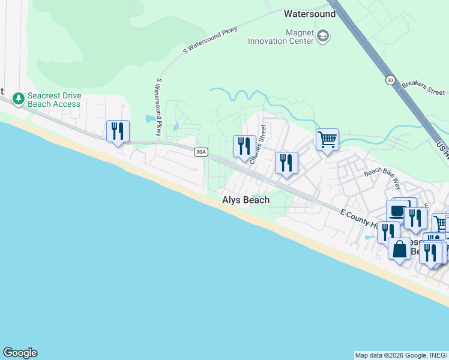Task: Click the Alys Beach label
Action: (x=246, y=200)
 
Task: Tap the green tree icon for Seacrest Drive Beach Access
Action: (x=19, y=97)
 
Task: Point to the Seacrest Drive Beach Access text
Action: (x=54, y=100)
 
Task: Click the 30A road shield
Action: (x=201, y=152)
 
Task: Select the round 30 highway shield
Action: (x=390, y=80)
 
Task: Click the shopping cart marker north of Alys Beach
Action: (x=327, y=140)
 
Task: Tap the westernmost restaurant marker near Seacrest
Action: (x=118, y=131)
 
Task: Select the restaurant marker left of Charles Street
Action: (x=244, y=146)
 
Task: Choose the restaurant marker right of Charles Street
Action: (x=286, y=163)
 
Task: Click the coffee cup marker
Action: (x=397, y=211)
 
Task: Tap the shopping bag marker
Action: (x=399, y=248)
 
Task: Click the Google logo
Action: (x=20, y=353)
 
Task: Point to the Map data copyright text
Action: (x=401, y=355)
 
